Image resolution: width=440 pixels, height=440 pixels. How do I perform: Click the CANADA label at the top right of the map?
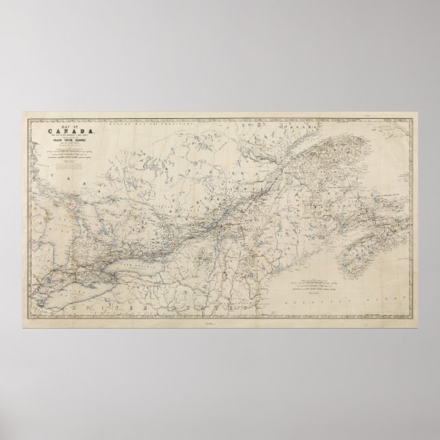301,128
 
